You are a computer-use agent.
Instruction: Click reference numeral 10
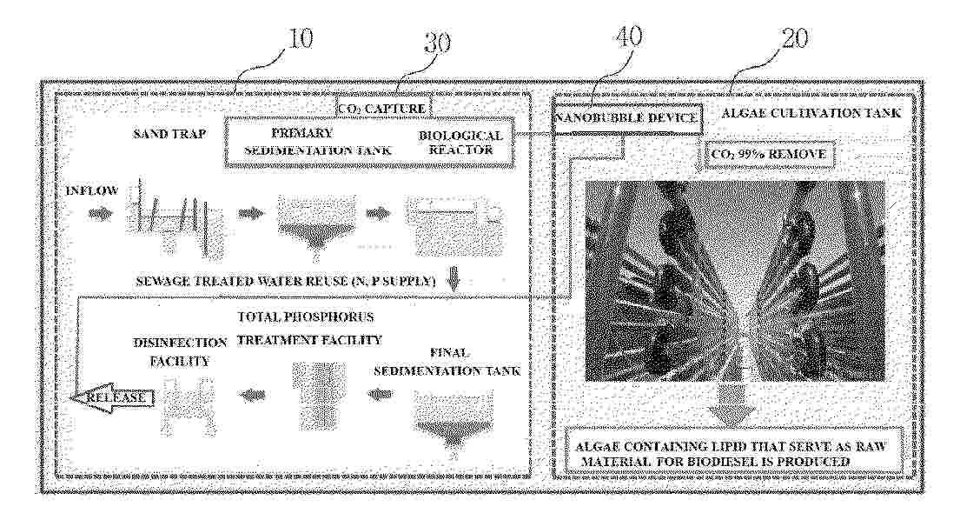(300, 38)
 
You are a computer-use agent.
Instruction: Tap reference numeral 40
(628, 37)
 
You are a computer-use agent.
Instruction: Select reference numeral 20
(794, 38)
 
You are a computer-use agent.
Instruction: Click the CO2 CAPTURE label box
(382, 109)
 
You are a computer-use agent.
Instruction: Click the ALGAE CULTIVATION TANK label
(811, 113)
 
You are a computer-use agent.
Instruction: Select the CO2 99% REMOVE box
(769, 154)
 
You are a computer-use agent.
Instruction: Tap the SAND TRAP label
(169, 134)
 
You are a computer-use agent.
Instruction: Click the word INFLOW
(92, 190)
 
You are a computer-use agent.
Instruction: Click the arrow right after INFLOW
(101, 214)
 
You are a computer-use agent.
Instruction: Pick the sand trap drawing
(175, 218)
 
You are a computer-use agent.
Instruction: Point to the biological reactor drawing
(456, 225)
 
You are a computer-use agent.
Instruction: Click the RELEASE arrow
(111, 398)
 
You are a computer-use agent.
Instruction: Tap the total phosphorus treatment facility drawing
(318, 395)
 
